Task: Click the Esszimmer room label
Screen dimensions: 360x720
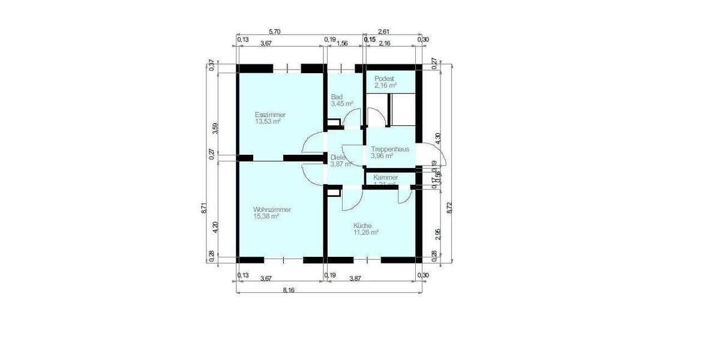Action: pyautogui.click(x=270, y=115)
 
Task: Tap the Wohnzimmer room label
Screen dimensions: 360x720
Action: pyautogui.click(x=272, y=209)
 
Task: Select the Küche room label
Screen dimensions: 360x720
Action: pyautogui.click(x=362, y=225)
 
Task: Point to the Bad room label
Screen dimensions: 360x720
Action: pyautogui.click(x=337, y=97)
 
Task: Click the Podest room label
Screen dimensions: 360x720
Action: pyautogui.click(x=384, y=79)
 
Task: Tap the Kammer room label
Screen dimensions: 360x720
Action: pyautogui.click(x=385, y=178)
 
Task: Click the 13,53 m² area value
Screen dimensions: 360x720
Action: pyautogui.click(x=268, y=122)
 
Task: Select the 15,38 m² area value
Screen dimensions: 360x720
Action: pyautogui.click(x=266, y=217)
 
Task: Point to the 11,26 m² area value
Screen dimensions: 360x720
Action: pyautogui.click(x=365, y=232)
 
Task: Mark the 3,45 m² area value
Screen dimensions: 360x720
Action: pyautogui.click(x=341, y=104)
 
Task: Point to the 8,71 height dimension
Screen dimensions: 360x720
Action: pyautogui.click(x=205, y=208)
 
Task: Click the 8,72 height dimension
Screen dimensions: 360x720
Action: pyautogui.click(x=451, y=208)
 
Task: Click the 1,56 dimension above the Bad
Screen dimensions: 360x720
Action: pyautogui.click(x=342, y=43)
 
